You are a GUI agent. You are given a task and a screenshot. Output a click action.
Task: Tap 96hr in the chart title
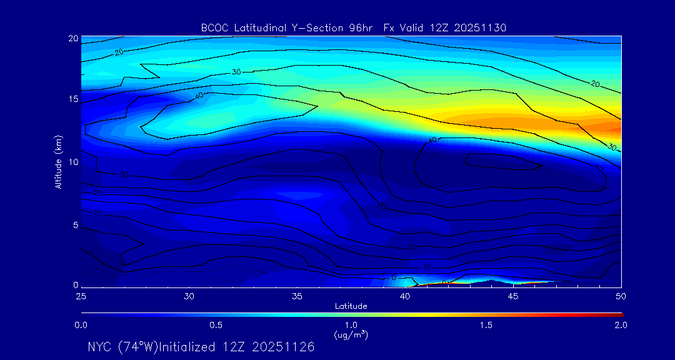[366, 27]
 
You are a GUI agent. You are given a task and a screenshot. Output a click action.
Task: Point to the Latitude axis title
[351, 306]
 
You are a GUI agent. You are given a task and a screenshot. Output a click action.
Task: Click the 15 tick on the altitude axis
[72, 99]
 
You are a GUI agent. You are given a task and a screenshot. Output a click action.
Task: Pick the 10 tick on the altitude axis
[72, 162]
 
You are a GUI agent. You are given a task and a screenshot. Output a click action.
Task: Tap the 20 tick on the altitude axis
[72, 38]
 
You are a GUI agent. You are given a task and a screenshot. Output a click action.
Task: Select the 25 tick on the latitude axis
[81, 296]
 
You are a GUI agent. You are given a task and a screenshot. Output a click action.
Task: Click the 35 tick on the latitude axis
[297, 296]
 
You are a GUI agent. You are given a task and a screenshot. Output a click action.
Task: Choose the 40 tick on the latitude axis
[406, 296]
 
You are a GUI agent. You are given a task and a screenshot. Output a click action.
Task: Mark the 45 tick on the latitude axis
[514, 296]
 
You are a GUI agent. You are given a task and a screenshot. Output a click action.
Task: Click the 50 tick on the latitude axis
[621, 296]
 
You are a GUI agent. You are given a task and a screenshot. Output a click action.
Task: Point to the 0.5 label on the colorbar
[216, 326]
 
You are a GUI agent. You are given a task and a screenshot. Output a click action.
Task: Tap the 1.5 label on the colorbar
[486, 326]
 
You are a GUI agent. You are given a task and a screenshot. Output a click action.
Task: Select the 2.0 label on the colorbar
[621, 326]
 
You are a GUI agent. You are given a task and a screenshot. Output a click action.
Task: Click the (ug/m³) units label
[351, 336]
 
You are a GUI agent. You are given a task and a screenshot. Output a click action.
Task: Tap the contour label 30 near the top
[236, 72]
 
